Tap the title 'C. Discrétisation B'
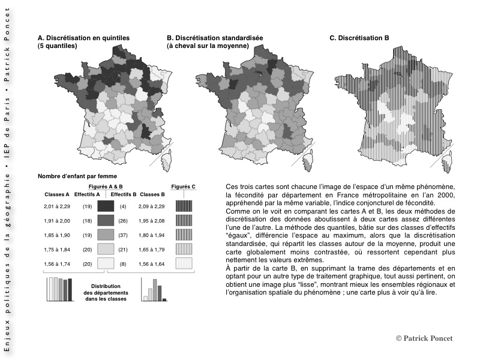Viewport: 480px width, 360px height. (x=359, y=38)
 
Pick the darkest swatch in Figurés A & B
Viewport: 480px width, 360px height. (x=106, y=206)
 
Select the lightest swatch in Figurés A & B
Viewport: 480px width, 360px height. (x=106, y=263)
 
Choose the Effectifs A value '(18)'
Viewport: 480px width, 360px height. (x=87, y=221)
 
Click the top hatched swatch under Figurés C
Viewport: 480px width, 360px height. (x=184, y=206)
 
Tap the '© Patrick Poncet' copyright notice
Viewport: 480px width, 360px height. (x=424, y=339)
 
